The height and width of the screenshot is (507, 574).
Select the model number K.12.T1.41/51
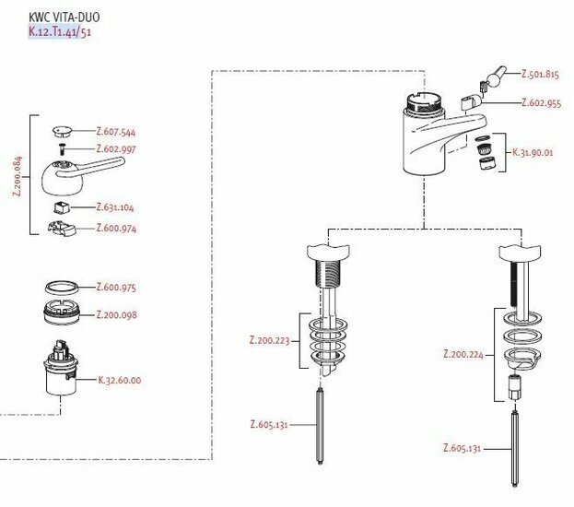[60, 32]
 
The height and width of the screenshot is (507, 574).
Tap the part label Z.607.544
[115, 132]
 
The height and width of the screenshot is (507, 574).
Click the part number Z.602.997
[115, 149]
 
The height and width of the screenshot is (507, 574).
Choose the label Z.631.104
[115, 207]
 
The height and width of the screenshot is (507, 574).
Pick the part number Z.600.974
[115, 229]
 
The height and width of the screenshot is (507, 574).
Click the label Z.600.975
[115, 288]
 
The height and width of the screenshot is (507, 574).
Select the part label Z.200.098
[117, 314]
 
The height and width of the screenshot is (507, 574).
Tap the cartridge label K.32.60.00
[120, 379]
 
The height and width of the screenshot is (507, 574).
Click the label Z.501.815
[540, 74]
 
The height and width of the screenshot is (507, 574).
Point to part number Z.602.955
[540, 103]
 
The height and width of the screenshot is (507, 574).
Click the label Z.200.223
[269, 340]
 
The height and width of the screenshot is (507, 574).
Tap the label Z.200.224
[463, 353]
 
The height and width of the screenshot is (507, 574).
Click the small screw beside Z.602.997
[62, 148]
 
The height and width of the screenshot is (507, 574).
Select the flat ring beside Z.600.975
[64, 288]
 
